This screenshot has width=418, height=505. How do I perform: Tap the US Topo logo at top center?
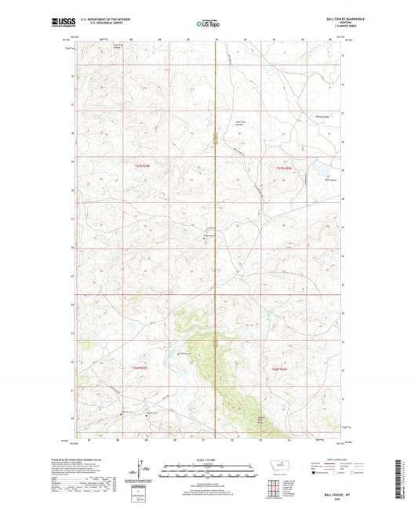pyautogui.click(x=207, y=24)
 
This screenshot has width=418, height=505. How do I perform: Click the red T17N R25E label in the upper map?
pyautogui.click(x=139, y=166)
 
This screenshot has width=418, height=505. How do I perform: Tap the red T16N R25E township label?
pyautogui.click(x=139, y=368)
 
